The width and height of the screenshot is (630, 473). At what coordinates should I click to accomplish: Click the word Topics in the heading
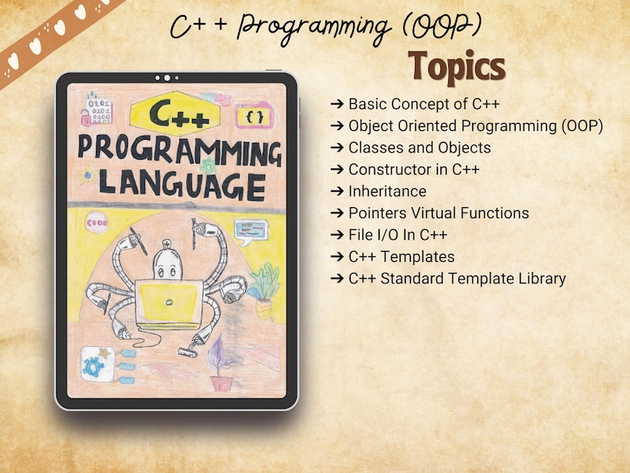point(458,67)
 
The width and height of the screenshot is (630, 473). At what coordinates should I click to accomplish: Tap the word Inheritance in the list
point(387,191)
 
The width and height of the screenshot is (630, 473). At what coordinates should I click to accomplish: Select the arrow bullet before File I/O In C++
point(337,235)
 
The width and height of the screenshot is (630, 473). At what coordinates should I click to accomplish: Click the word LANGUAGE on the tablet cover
point(182,187)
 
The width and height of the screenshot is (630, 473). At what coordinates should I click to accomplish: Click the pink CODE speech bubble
point(98,223)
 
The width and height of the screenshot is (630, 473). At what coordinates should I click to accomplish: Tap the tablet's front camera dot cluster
point(167,78)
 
